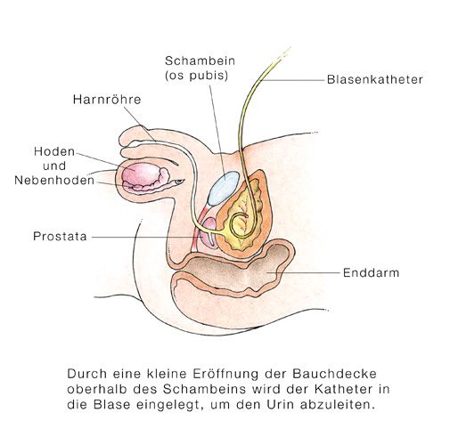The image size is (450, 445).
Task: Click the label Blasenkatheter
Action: pyautogui.click(x=375, y=79)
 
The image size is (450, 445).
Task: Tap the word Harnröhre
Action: pyautogui.click(x=107, y=100)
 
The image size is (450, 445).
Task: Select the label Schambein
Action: pyautogui.click(x=200, y=61)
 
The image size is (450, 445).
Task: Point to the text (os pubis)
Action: pyautogui.click(x=197, y=76)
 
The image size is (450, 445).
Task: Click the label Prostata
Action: pyautogui.click(x=60, y=237)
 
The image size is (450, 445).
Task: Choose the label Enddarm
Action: pyautogui.click(x=371, y=272)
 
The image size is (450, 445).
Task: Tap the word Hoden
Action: pyautogui.click(x=54, y=151)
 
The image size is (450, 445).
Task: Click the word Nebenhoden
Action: pyautogui.click(x=54, y=181)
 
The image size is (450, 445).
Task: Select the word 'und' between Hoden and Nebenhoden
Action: pyautogui.click(x=54, y=166)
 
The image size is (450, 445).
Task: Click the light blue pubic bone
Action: pyautogui.click(x=224, y=189)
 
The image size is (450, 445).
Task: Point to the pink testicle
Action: pyautogui.click(x=142, y=174)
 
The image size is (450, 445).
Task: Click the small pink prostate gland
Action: pyautogui.click(x=208, y=232)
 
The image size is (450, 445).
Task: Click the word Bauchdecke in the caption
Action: pyautogui.click(x=334, y=374)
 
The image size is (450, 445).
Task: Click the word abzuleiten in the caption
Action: pyautogui.click(x=338, y=405)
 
